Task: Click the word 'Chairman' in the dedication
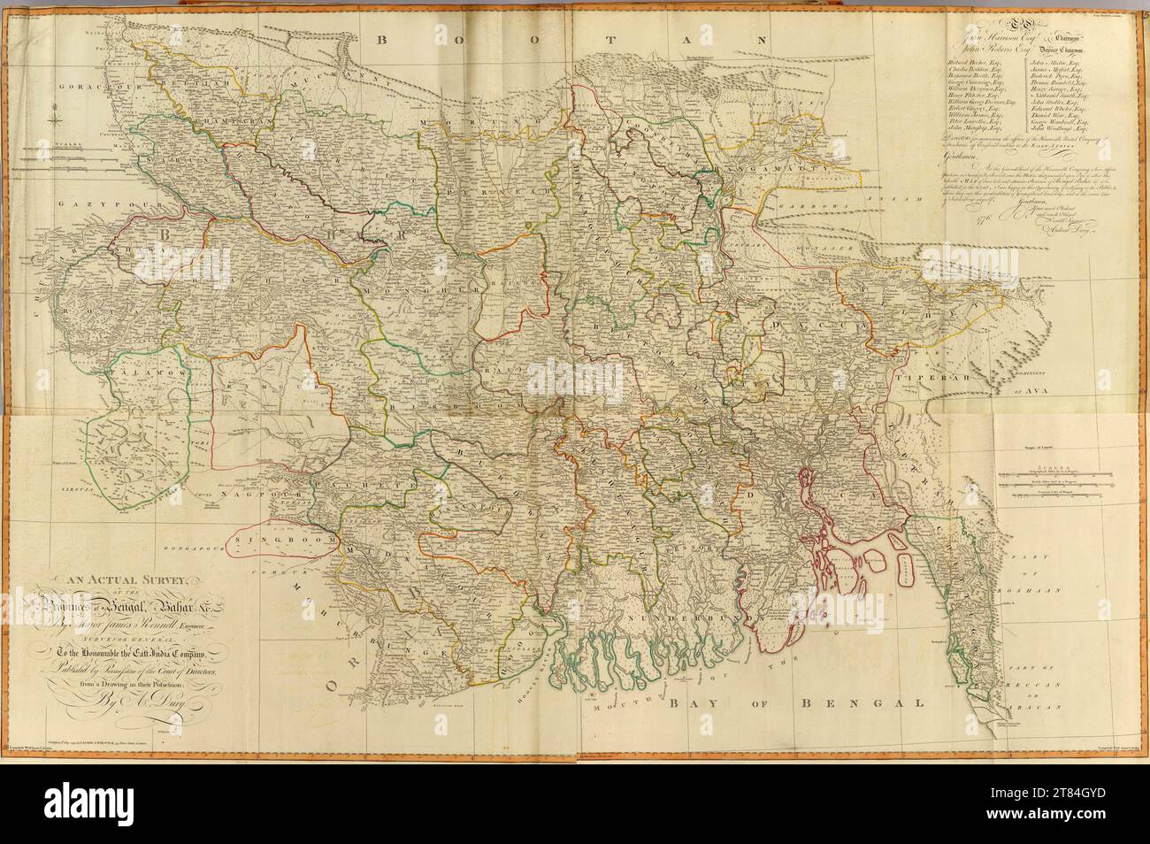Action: click(1065, 37)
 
